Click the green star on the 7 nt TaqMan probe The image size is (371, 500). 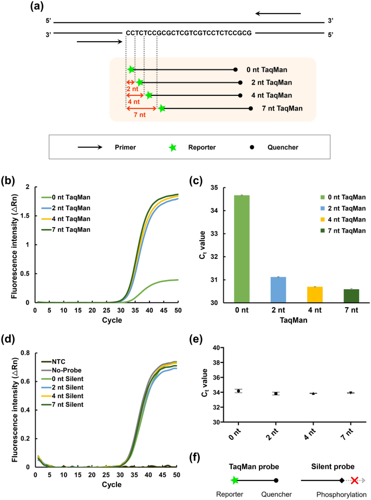point(162,109)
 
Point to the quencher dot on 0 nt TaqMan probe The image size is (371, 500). point(236,69)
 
